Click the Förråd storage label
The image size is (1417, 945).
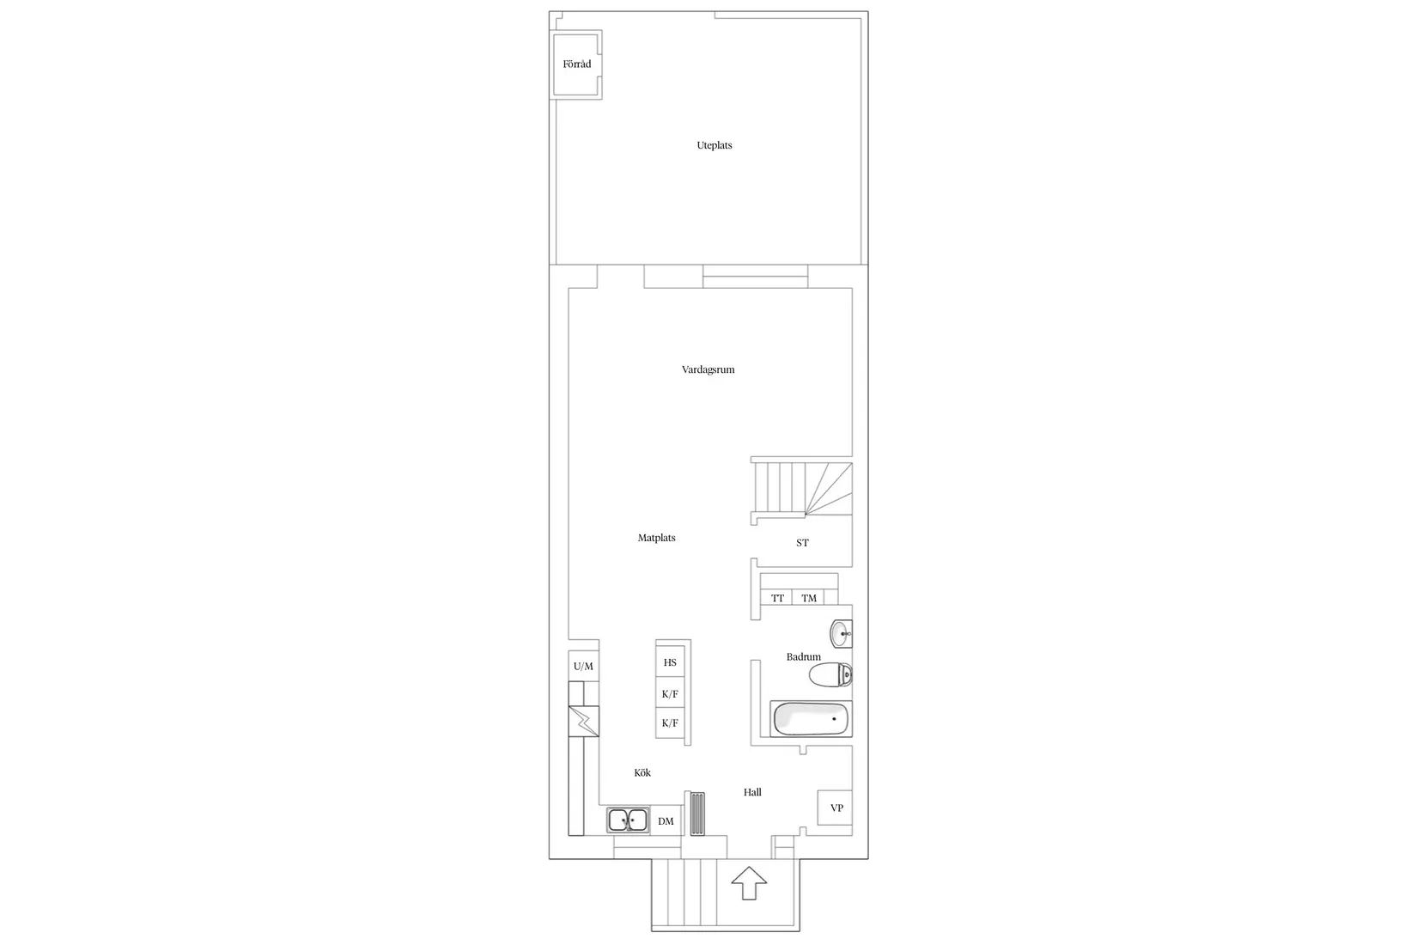576,64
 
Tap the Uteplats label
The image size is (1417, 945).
714,146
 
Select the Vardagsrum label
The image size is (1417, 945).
708,370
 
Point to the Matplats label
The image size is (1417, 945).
656,539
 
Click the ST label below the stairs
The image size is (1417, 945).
802,543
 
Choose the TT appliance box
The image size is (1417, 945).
777,598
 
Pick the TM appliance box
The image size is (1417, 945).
809,598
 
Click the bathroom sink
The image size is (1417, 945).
842,634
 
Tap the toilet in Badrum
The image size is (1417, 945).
830,676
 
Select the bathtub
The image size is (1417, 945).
811,719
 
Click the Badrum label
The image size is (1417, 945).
803,657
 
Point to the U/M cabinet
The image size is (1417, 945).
583,667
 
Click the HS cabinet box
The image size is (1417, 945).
670,663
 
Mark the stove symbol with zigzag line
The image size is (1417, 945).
584,722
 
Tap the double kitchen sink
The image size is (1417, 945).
628,820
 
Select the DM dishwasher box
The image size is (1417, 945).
666,821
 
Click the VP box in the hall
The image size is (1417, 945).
836,808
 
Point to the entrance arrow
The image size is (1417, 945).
748,882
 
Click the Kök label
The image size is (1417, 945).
642,773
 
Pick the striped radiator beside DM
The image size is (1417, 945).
696,813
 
